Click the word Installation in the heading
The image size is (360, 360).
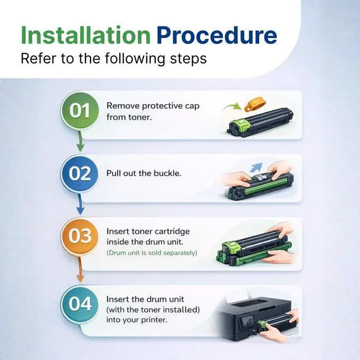click(x=85, y=35)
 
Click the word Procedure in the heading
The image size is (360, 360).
click(x=217, y=35)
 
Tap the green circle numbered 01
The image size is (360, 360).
click(x=80, y=111)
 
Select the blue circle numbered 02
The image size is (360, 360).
click(x=80, y=174)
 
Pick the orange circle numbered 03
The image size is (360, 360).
click(x=80, y=236)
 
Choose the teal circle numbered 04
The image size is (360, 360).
click(x=80, y=304)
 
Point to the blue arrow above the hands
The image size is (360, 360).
click(x=256, y=167)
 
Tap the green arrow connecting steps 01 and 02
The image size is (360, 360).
click(x=80, y=141)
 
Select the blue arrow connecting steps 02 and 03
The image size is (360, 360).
click(x=80, y=204)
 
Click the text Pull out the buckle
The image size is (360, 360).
click(x=144, y=173)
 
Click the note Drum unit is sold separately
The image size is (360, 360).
click(x=152, y=253)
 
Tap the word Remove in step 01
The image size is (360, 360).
click(x=123, y=106)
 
